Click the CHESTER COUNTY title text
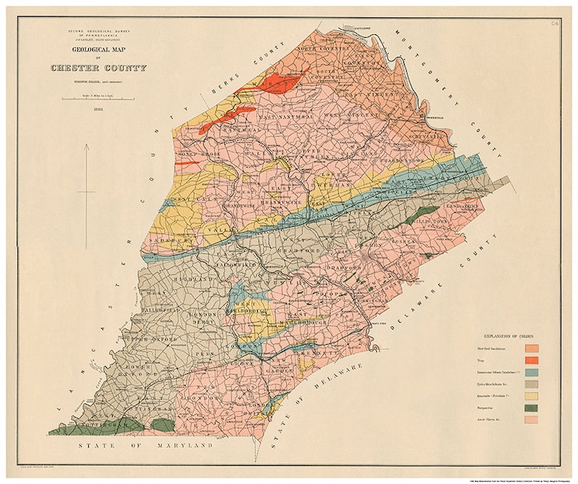[98, 68]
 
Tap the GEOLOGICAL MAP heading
[98, 51]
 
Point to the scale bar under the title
[98, 98]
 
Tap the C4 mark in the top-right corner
[555, 25]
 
